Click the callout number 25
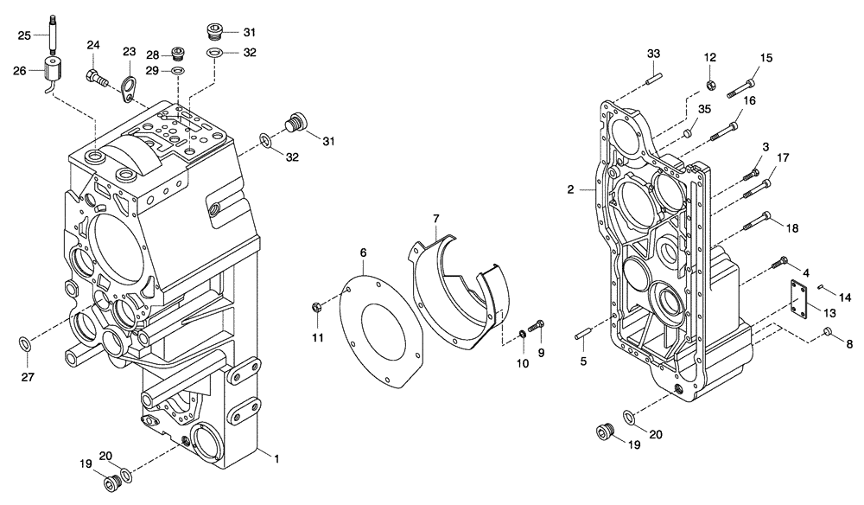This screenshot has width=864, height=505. pyautogui.click(x=24, y=35)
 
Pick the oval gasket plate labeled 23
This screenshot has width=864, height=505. pyautogui.click(x=130, y=87)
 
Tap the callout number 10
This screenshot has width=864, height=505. pyautogui.click(x=523, y=363)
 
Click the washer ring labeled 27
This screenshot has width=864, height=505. pyautogui.click(x=26, y=345)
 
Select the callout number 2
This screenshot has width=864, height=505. pyautogui.click(x=570, y=189)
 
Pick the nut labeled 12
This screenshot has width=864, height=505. pyautogui.click(x=709, y=85)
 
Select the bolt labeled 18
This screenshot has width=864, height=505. pyautogui.click(x=754, y=220)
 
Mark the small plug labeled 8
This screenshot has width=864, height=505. pyautogui.click(x=827, y=333)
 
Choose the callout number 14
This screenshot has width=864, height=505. pyautogui.click(x=845, y=297)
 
